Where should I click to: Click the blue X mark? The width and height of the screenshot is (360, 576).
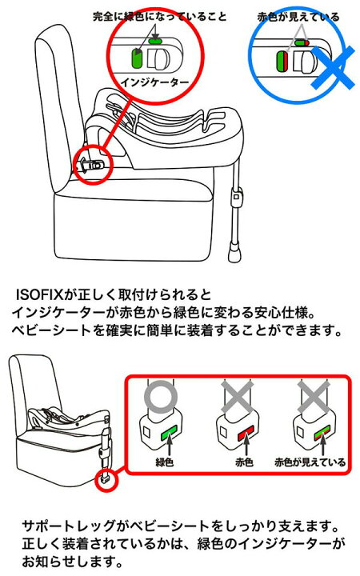click(334, 68)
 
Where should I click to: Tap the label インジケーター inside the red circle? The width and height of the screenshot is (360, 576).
click(154, 82)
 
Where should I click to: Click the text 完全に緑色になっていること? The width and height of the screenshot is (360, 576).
click(159, 17)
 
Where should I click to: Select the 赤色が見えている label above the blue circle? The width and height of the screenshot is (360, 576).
click(298, 17)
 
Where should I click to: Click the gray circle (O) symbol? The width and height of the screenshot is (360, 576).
click(161, 397)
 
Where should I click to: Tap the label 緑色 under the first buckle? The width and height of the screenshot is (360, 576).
click(164, 462)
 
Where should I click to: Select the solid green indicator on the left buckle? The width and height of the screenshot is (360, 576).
click(169, 433)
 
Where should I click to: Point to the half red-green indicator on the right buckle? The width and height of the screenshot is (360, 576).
click(322, 433)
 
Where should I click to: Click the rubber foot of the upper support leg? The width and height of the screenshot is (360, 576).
click(234, 254)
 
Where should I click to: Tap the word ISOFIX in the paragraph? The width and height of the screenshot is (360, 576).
click(39, 294)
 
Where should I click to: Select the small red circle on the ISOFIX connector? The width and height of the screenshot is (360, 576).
click(93, 164)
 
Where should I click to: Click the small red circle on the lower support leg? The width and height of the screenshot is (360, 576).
click(106, 480)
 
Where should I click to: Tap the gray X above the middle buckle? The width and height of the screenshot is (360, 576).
click(238, 398)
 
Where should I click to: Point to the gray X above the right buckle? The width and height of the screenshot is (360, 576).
click(314, 398)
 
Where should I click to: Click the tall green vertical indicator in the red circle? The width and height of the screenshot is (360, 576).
click(137, 58)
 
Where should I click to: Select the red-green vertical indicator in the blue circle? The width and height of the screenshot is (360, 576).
click(281, 61)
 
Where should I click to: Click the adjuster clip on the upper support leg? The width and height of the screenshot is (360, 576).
click(237, 195)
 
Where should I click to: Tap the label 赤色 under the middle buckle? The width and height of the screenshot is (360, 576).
click(244, 462)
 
